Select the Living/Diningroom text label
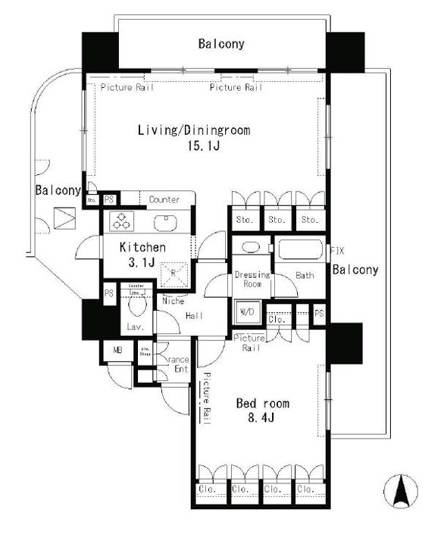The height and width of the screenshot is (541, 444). coord(193,130)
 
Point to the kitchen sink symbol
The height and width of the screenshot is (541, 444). coord(164,222)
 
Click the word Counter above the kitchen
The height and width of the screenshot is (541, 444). coord(164,200)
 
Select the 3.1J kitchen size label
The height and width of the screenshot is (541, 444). coord(142,263)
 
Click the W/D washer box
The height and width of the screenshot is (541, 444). coord(246,311)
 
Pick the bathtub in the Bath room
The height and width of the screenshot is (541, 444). coord(301,251)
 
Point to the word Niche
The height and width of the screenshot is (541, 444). coord(174,301)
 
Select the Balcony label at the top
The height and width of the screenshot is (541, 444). coord(221,44)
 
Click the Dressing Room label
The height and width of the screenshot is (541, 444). coord(247,279)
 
